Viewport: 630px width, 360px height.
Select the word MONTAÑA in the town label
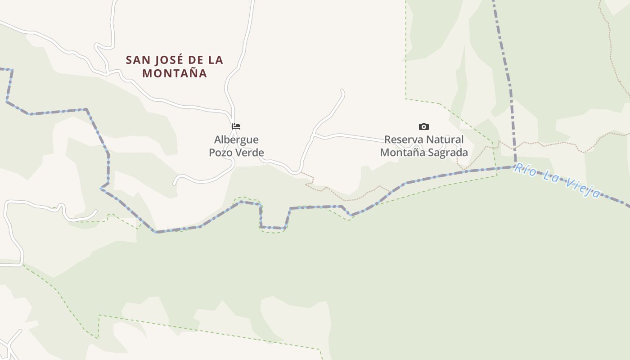pos(175,73)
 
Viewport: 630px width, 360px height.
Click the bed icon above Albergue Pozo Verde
pos(236,126)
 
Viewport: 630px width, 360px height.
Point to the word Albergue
pos(236,139)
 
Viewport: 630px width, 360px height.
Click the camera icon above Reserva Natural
pos(423,126)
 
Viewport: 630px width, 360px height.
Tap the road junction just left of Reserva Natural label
pos(314,134)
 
